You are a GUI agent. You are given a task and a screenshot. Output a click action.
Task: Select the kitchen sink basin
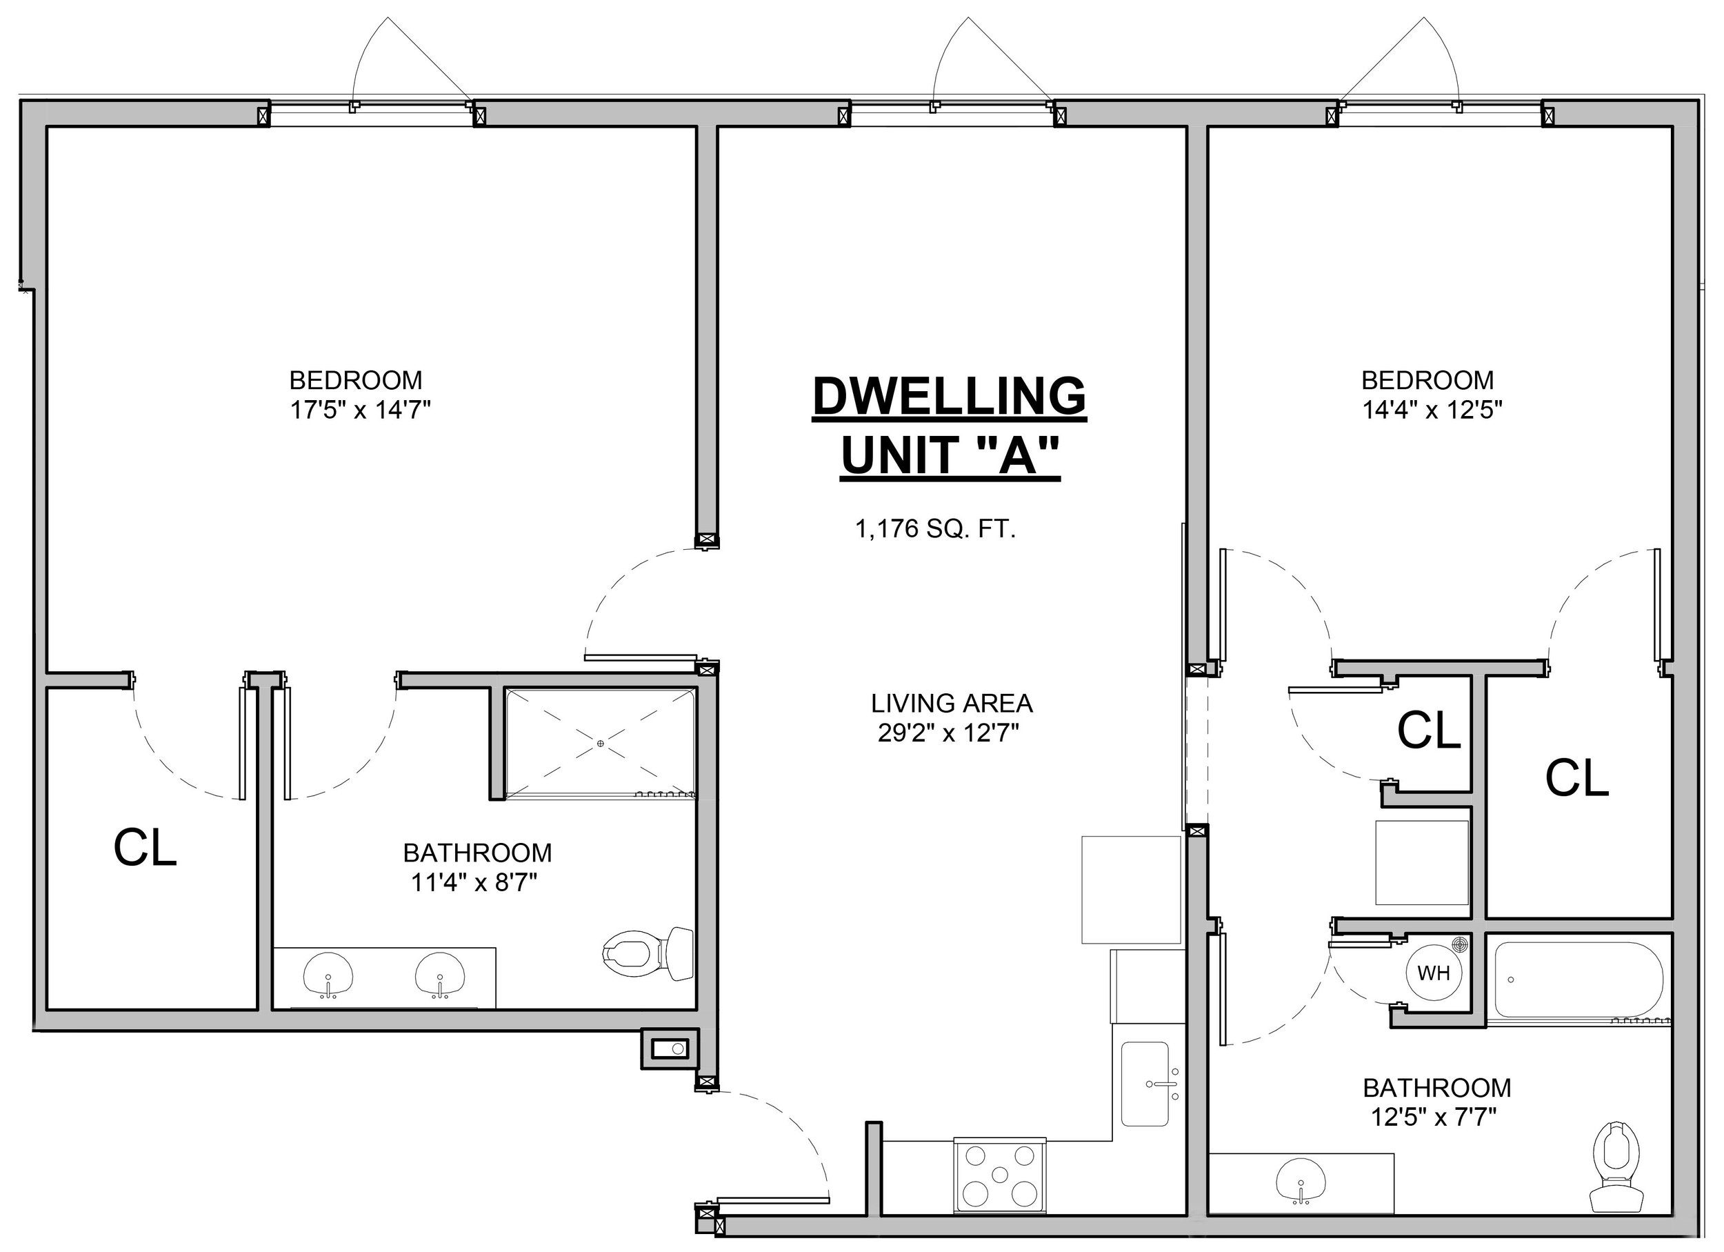click(x=1145, y=1084)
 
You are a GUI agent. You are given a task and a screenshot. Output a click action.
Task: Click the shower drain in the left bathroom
click(x=601, y=744)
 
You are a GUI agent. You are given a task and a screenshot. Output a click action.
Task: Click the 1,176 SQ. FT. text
click(x=936, y=529)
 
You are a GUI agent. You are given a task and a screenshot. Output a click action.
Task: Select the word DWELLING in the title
click(x=950, y=396)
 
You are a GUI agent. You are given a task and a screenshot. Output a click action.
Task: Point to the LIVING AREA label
click(x=952, y=703)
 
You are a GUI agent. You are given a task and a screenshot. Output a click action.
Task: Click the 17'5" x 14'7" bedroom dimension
click(x=360, y=410)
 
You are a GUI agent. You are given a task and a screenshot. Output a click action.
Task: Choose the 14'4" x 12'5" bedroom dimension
click(x=1432, y=410)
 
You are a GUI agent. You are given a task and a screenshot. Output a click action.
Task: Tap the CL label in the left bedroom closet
click(x=146, y=848)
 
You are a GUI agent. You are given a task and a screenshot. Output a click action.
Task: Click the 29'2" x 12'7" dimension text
click(x=948, y=733)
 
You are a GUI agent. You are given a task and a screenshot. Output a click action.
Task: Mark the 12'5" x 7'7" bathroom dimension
click(x=1433, y=1117)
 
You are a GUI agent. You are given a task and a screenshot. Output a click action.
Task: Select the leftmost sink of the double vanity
click(x=328, y=975)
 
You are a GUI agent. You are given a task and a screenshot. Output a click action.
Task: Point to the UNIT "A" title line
click(x=950, y=455)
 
